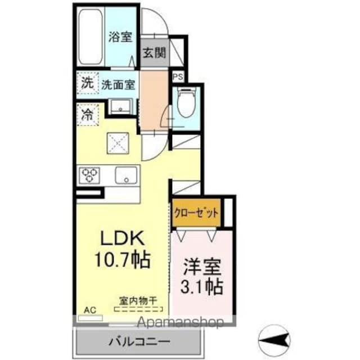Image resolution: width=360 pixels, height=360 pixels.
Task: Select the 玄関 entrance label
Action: click(152, 54)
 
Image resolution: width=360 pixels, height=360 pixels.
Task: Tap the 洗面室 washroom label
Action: click(118, 85)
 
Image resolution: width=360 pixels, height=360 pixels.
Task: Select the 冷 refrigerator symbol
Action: click(88, 114)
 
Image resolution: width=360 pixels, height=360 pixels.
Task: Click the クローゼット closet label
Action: click(196, 214)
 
